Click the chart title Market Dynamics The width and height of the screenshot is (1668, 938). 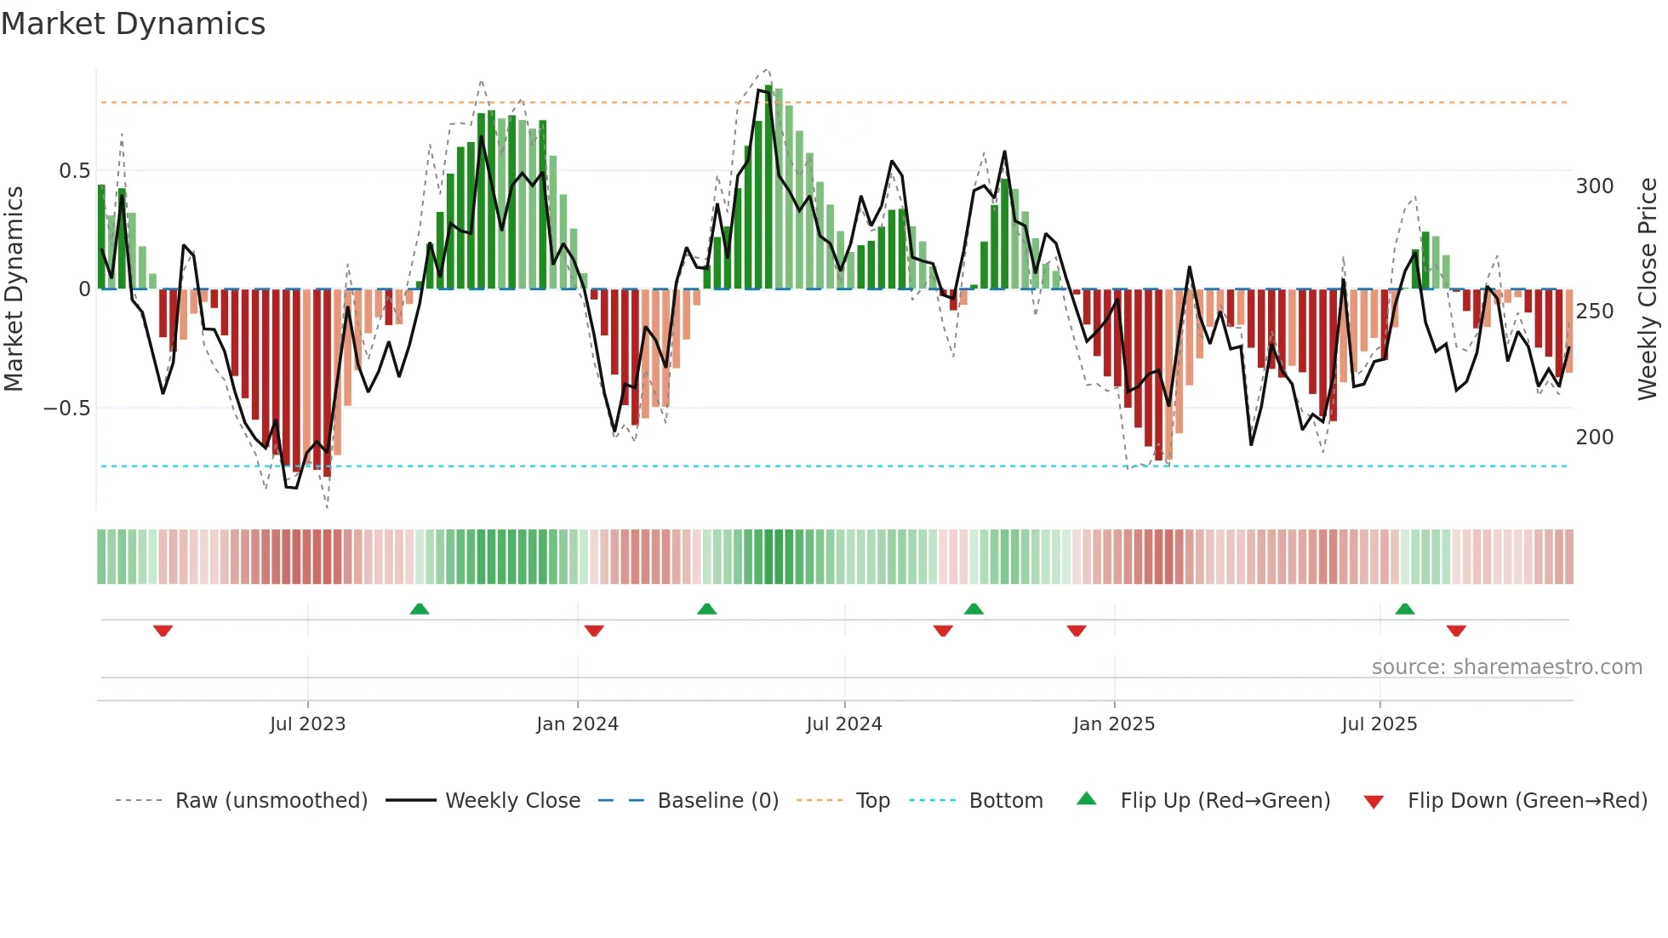pos(133,24)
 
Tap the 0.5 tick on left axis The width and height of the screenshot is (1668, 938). pos(74,171)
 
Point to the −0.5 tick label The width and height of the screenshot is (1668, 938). pos(66,409)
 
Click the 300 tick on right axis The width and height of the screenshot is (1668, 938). pos(1594,186)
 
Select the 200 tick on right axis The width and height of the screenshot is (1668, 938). pos(1594,438)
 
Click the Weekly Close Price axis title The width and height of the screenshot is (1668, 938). pos(1648,289)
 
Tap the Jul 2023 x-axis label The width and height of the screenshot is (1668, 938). pos(307,724)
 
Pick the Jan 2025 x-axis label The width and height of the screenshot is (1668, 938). pos(1113,724)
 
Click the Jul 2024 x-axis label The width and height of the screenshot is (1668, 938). pos(843,724)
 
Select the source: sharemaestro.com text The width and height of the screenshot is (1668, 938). pos(1506,667)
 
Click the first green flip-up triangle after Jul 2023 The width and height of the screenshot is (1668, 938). pos(419,609)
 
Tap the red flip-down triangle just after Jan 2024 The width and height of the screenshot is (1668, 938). pos(594,631)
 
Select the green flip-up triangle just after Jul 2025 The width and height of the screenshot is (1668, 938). pos(1405,609)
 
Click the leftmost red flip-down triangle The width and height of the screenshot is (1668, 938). pos(163,631)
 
